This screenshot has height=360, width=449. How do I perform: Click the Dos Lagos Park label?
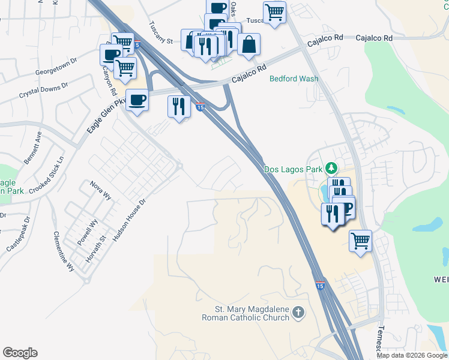294,170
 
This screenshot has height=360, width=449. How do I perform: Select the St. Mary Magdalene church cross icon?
299,313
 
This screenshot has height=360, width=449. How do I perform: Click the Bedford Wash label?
294,79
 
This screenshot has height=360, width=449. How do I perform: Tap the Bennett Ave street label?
32,149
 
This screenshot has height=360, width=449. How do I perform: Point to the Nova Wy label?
100,191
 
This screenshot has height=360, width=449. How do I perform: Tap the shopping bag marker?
249,44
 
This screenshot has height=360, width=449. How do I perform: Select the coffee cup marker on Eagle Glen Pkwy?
137,100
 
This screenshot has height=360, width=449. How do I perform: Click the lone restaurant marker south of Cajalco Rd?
179,107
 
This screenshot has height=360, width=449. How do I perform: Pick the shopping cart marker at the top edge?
274,12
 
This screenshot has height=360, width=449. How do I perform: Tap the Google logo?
20,353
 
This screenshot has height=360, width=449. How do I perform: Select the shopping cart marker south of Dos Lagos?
360,241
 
